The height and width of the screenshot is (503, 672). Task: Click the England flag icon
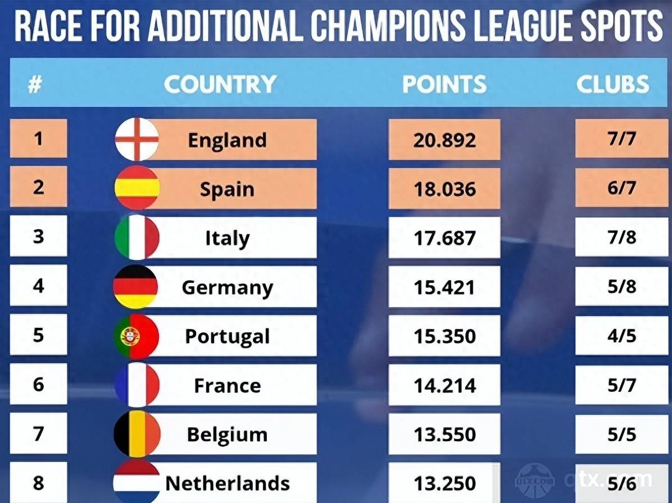tap(137, 139)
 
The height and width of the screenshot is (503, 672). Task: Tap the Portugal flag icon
tap(137, 337)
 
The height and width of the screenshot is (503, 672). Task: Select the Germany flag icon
tap(136, 287)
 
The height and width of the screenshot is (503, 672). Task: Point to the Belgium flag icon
tap(137, 434)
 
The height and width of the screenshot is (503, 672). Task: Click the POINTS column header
tap(444, 84)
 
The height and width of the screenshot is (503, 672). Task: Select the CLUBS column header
tap(612, 84)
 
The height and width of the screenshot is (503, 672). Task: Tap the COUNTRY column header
tap(220, 84)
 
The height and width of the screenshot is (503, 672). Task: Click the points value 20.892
tap(444, 140)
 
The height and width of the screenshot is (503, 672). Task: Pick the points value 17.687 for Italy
tap(444, 238)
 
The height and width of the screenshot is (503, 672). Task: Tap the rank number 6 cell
tap(38, 385)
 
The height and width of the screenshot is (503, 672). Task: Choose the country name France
tap(227, 386)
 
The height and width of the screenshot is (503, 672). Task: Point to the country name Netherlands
tap(227, 483)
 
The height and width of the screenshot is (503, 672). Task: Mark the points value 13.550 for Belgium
tap(444, 435)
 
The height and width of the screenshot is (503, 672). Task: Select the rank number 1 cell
tap(38, 139)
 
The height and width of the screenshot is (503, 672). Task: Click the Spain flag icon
tap(137, 188)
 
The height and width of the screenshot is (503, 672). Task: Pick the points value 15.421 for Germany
tap(444, 287)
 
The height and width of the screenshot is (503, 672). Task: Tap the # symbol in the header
tap(35, 85)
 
